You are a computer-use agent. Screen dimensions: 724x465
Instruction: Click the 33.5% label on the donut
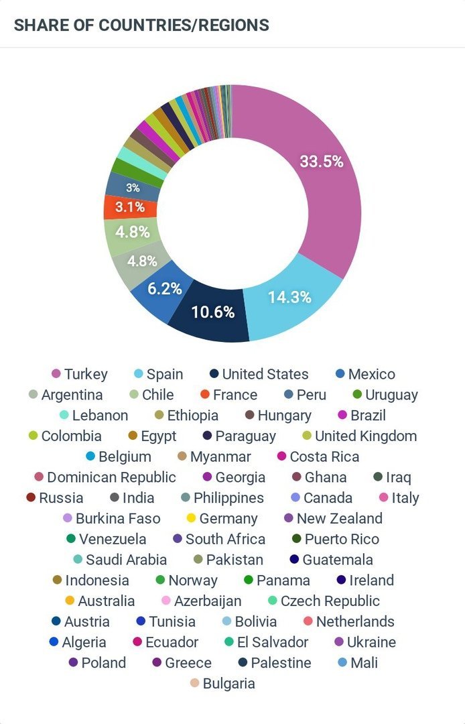[x=322, y=162]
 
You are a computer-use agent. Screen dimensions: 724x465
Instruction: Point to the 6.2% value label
[x=165, y=289]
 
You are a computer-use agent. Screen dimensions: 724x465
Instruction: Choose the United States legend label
[x=265, y=374]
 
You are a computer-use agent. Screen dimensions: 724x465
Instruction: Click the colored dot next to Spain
[x=139, y=374]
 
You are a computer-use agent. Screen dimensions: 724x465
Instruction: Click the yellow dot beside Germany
[x=191, y=518]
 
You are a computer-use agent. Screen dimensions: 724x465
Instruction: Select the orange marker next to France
[x=205, y=395]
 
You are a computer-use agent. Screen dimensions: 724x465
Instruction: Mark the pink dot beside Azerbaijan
[x=166, y=601]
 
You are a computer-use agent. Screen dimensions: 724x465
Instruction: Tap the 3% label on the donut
[x=133, y=188]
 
